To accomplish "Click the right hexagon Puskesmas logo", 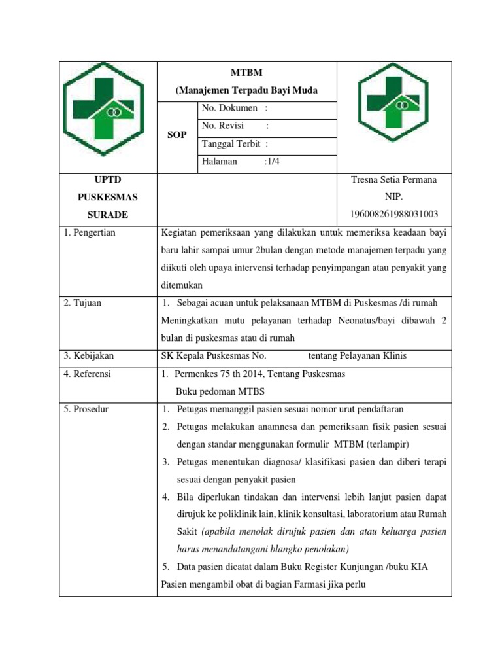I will [x=394, y=107].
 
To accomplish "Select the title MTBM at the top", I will [x=246, y=73].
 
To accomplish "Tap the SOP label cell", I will [x=176, y=135].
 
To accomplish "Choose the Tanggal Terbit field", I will [x=235, y=144].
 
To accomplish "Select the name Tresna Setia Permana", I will [x=394, y=179].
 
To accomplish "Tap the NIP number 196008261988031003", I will [x=394, y=214].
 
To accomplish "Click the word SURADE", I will [x=108, y=215].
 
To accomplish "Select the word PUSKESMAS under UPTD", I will [x=108, y=197].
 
